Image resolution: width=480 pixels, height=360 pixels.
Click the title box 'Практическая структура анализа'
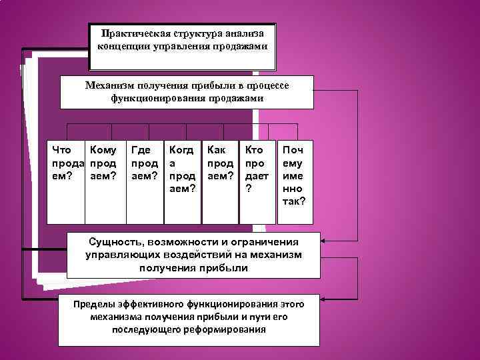click(x=183, y=47)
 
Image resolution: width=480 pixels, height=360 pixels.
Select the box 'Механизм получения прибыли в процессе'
click(x=187, y=92)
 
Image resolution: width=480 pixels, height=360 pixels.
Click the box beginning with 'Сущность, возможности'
click(x=194, y=255)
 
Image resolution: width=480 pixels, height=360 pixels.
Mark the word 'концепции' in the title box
click(x=120, y=47)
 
